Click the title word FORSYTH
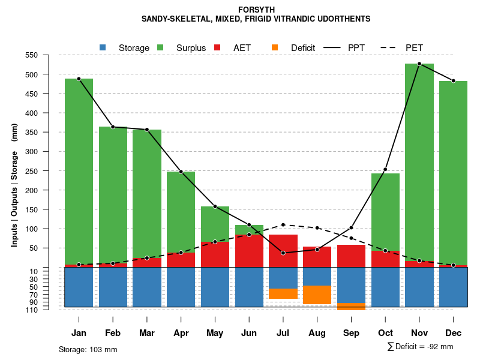(256, 10)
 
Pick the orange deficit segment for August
(317, 295)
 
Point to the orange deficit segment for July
(283, 293)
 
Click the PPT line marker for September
(351, 227)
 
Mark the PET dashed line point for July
(283, 225)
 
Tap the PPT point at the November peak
(419, 64)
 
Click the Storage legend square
(103, 47)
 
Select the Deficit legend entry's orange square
(275, 47)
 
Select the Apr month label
(181, 333)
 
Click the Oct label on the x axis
(385, 333)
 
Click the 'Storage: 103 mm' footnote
(88, 349)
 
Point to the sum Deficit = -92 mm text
(420, 346)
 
